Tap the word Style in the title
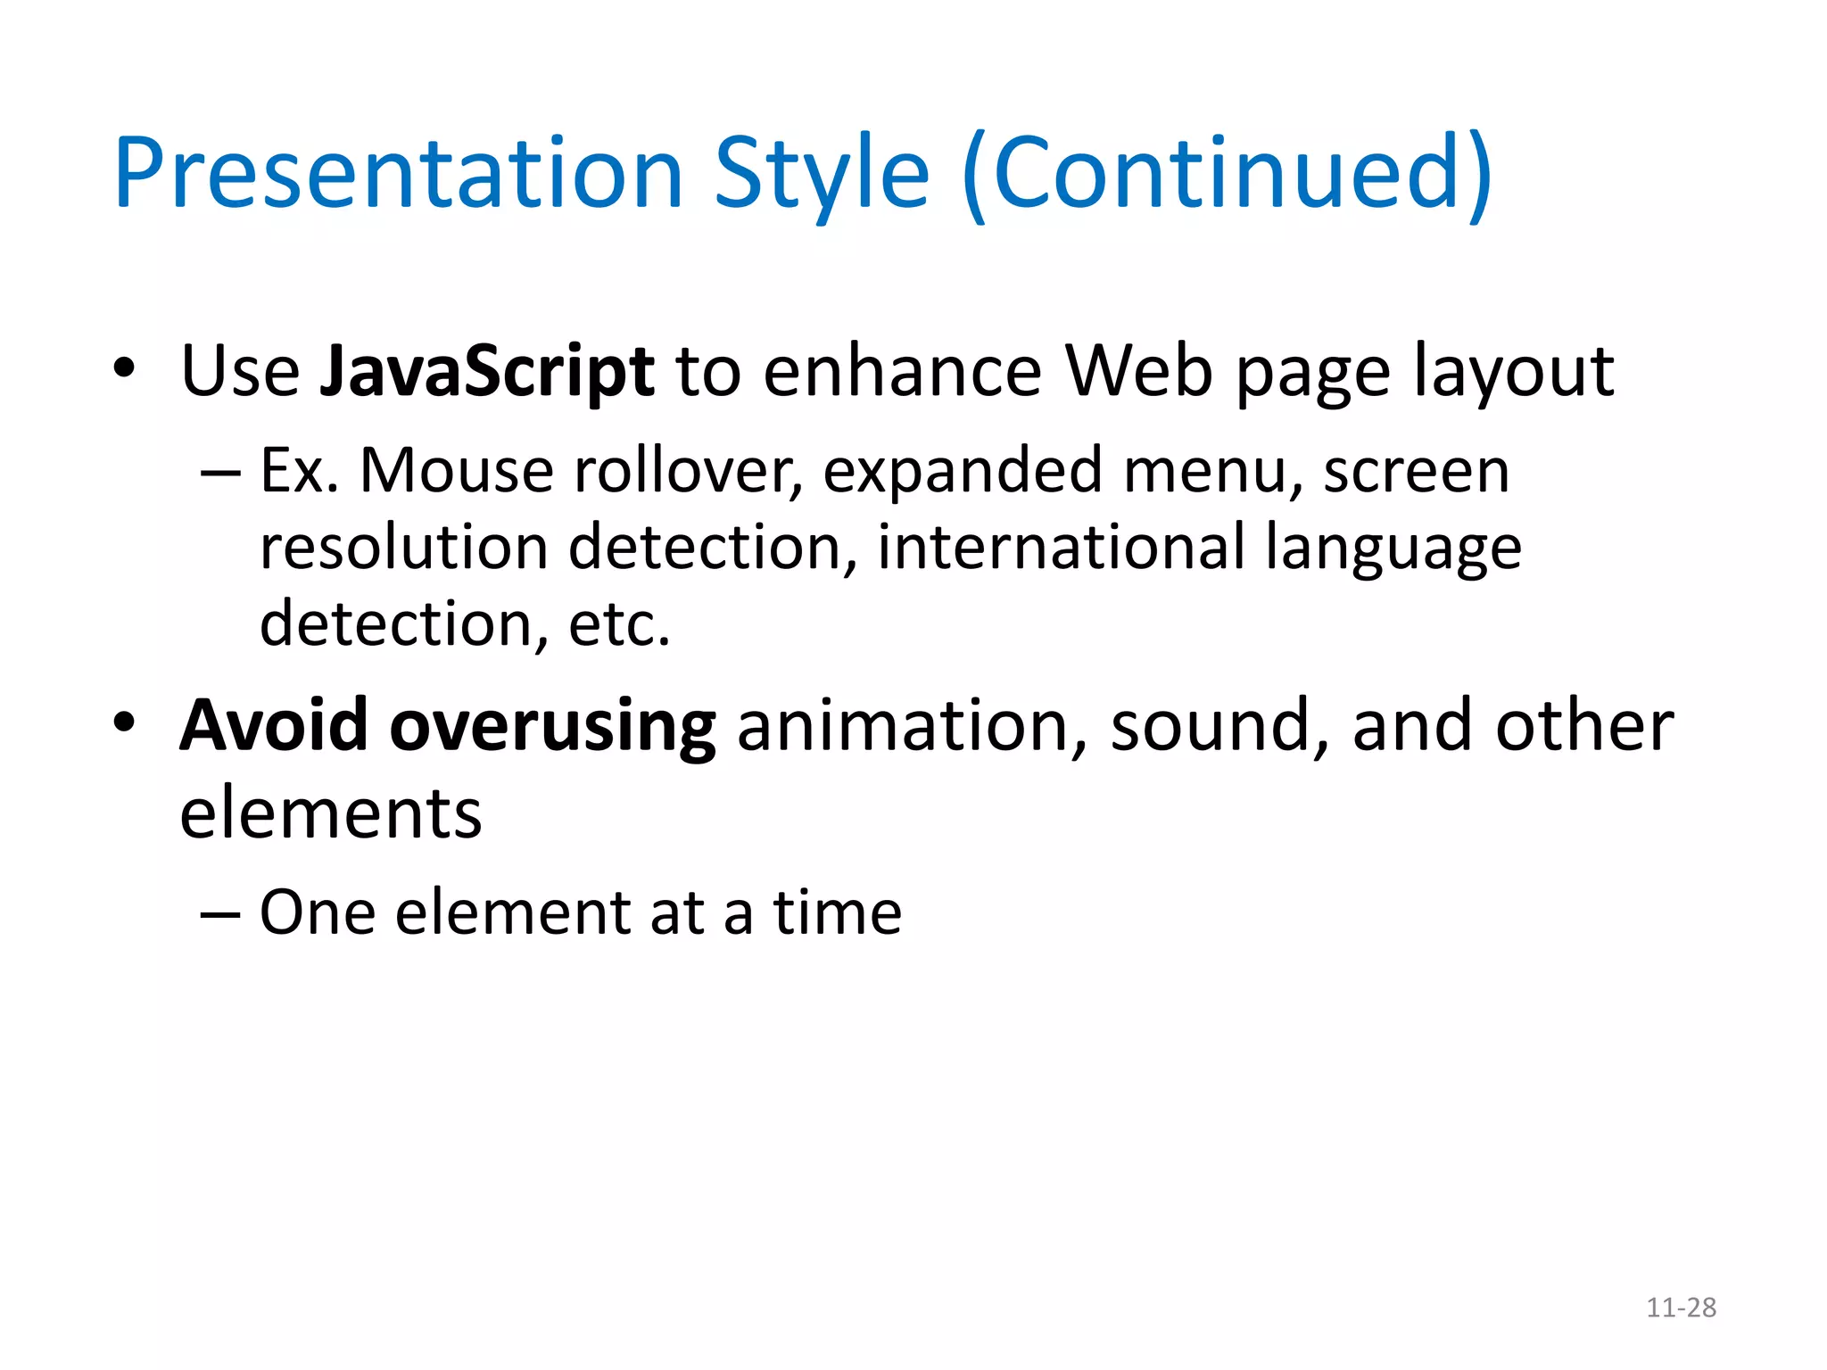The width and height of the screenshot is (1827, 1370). click(x=822, y=173)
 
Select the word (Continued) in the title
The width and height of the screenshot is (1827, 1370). click(x=1228, y=173)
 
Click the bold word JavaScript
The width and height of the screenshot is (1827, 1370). click(x=487, y=371)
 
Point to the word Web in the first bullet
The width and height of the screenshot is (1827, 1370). click(x=1138, y=369)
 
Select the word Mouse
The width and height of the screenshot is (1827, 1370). click(x=456, y=470)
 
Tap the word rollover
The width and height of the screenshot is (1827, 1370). click(x=688, y=470)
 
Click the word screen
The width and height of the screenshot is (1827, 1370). click(x=1416, y=472)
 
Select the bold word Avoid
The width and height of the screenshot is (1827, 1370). click(x=273, y=725)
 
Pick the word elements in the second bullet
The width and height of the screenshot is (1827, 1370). click(x=330, y=813)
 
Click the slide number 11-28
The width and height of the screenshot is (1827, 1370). click(x=1681, y=1308)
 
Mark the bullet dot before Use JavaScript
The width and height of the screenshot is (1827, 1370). click(x=124, y=367)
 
